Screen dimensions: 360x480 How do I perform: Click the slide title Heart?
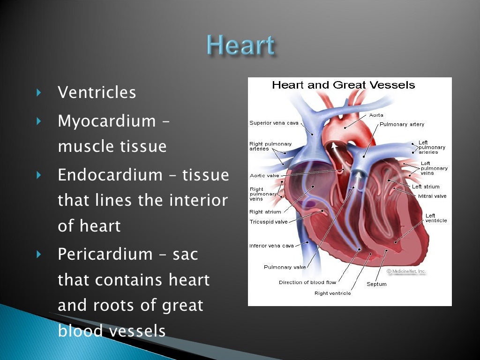click(x=240, y=46)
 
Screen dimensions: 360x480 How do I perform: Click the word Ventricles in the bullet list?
click(x=97, y=93)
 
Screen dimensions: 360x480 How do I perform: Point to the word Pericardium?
click(x=105, y=255)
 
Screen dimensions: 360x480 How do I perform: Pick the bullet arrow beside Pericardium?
click(x=39, y=255)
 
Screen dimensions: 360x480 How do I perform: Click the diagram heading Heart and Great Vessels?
click(x=344, y=85)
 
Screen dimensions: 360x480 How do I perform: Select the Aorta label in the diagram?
click(x=376, y=115)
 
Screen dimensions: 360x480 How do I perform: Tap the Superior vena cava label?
click(x=274, y=123)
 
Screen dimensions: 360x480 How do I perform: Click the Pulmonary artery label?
click(x=402, y=124)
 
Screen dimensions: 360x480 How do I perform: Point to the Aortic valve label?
click(x=264, y=176)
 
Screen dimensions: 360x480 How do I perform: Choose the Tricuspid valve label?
click(x=269, y=222)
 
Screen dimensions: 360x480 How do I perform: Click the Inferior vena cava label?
click(x=271, y=246)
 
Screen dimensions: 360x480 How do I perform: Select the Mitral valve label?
click(x=432, y=196)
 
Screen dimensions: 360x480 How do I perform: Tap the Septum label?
click(x=376, y=284)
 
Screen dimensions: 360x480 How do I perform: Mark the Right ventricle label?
click(x=332, y=293)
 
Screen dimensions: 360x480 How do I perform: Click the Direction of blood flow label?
click(x=307, y=282)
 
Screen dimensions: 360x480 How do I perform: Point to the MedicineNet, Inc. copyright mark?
click(x=406, y=271)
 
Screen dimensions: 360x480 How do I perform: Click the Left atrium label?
click(x=426, y=187)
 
